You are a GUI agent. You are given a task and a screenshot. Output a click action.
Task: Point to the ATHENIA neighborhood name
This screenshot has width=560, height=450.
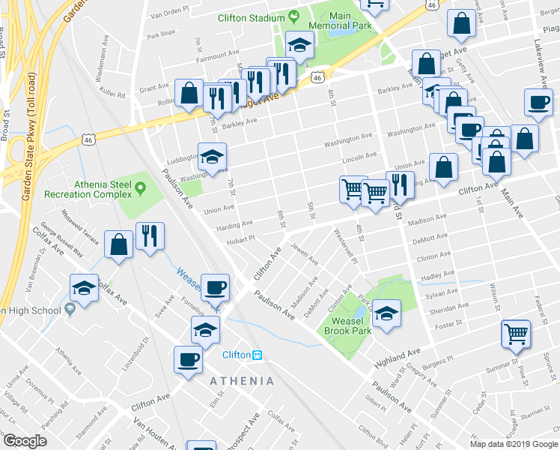pos(242,381)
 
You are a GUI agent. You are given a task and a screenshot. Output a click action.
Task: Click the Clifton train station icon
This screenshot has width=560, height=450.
pos(257,355)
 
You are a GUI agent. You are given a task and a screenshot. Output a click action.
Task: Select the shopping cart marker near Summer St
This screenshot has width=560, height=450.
pos(516,334)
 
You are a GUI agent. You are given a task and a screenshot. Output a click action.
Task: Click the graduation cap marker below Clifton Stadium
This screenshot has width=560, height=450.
pos(299,46)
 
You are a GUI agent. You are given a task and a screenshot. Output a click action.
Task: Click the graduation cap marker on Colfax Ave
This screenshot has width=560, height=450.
pos(84,287)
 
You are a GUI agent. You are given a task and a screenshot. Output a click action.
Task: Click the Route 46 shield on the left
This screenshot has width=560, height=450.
pos(88,139)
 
